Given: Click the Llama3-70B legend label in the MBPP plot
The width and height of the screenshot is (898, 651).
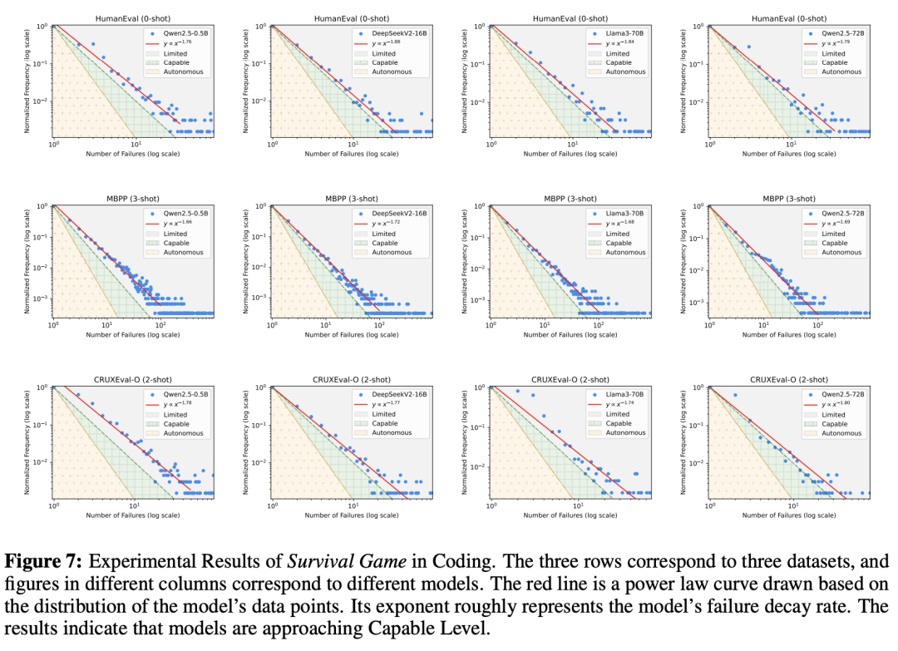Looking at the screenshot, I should (624, 214).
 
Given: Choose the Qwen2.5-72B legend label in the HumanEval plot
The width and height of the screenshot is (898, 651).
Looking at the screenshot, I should (843, 33).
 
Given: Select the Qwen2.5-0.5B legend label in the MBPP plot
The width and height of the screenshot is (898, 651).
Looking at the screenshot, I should (185, 214).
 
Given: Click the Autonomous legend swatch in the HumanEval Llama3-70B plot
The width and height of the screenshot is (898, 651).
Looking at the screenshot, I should (594, 72).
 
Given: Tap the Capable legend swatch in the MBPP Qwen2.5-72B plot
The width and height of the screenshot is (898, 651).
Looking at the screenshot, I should (812, 243).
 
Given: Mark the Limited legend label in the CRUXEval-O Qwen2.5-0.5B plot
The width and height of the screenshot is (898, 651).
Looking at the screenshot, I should (175, 414).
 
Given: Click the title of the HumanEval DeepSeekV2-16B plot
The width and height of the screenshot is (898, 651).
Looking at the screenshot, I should (351, 18).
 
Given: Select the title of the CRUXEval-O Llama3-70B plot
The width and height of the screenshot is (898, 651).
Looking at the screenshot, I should (570, 379).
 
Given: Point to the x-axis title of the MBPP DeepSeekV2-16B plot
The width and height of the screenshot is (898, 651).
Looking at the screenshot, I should (351, 335).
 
